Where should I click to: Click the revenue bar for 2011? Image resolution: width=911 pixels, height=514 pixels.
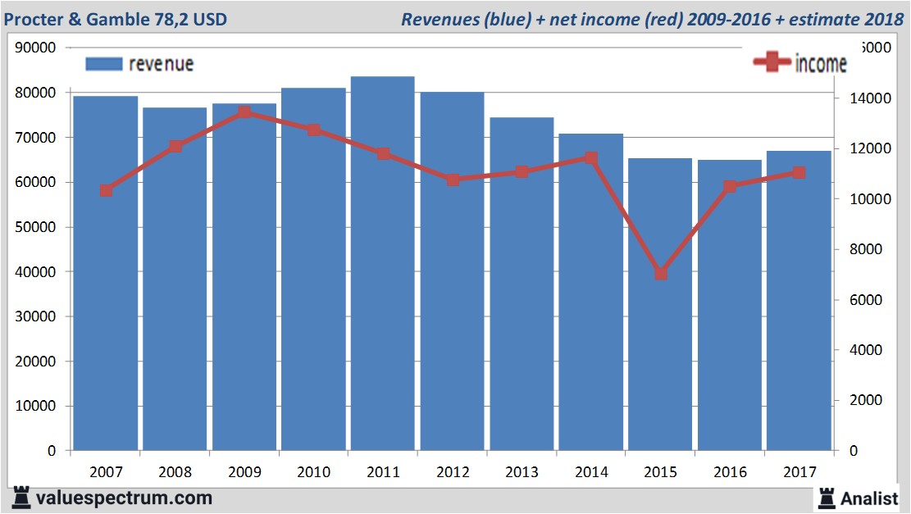point(382,262)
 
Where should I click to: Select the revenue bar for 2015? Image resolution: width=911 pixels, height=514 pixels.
point(660,303)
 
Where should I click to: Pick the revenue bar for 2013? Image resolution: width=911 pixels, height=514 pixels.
point(522,283)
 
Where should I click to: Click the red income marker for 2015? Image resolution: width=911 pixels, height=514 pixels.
point(661,274)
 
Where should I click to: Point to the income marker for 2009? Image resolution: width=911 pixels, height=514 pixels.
point(244,113)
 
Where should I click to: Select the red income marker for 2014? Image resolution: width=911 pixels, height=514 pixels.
point(591,157)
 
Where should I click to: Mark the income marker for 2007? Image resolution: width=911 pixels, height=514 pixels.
point(106,191)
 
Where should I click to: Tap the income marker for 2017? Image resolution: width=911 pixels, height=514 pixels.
point(799,172)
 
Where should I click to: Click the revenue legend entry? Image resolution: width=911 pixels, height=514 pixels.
point(139,64)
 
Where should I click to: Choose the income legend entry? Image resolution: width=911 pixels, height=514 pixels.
point(800,63)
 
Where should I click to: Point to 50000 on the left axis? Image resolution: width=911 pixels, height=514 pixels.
point(35,227)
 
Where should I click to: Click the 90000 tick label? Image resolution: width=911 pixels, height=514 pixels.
point(35,48)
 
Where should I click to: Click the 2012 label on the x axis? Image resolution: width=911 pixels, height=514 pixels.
point(452,473)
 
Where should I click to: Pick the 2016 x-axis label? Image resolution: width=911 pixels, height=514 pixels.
point(730,473)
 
